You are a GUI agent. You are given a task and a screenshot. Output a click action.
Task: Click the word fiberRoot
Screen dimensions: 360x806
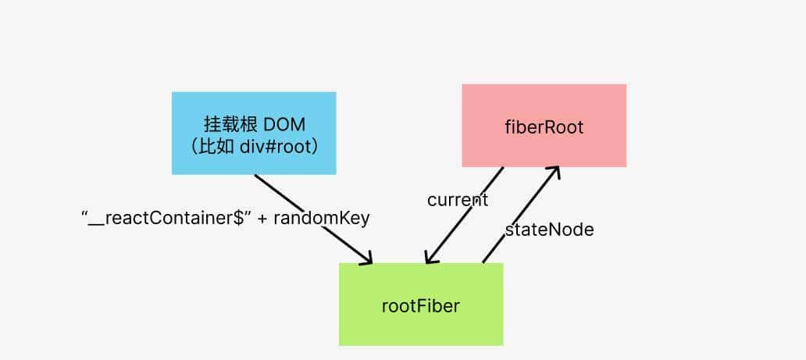tap(544, 127)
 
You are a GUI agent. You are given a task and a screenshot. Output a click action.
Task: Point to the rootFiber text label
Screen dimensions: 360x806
tap(421, 305)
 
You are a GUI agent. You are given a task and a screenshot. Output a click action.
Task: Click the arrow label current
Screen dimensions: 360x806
tap(458, 200)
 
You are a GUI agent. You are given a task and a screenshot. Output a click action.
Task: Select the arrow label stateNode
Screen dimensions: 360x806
tap(549, 230)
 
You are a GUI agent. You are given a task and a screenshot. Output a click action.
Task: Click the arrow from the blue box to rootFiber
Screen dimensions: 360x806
tap(312, 217)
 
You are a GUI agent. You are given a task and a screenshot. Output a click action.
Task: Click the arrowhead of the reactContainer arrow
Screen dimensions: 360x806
tap(368, 258)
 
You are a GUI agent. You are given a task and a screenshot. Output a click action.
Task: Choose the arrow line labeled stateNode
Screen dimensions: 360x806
tap(519, 215)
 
